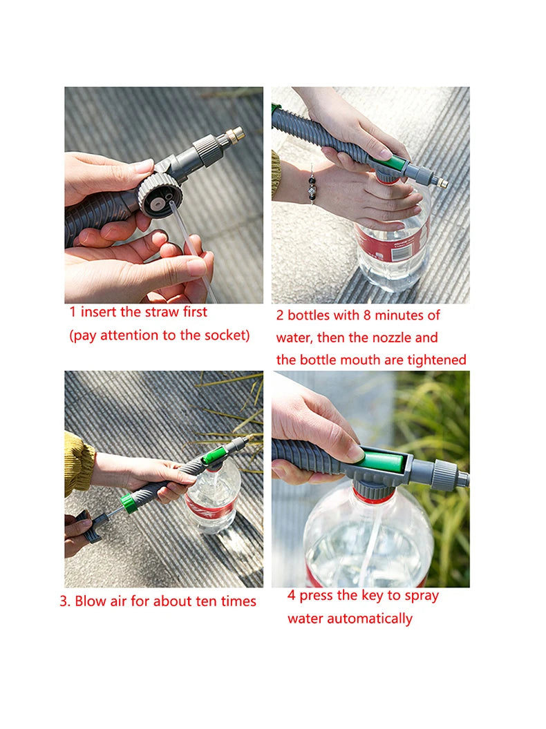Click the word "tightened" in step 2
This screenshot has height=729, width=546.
pyautogui.click(x=436, y=360)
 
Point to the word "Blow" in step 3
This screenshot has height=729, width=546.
pyautogui.click(x=91, y=601)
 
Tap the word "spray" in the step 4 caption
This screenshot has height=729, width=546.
pyautogui.click(x=420, y=596)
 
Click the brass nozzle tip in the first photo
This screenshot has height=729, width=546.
pyautogui.click(x=235, y=133)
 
